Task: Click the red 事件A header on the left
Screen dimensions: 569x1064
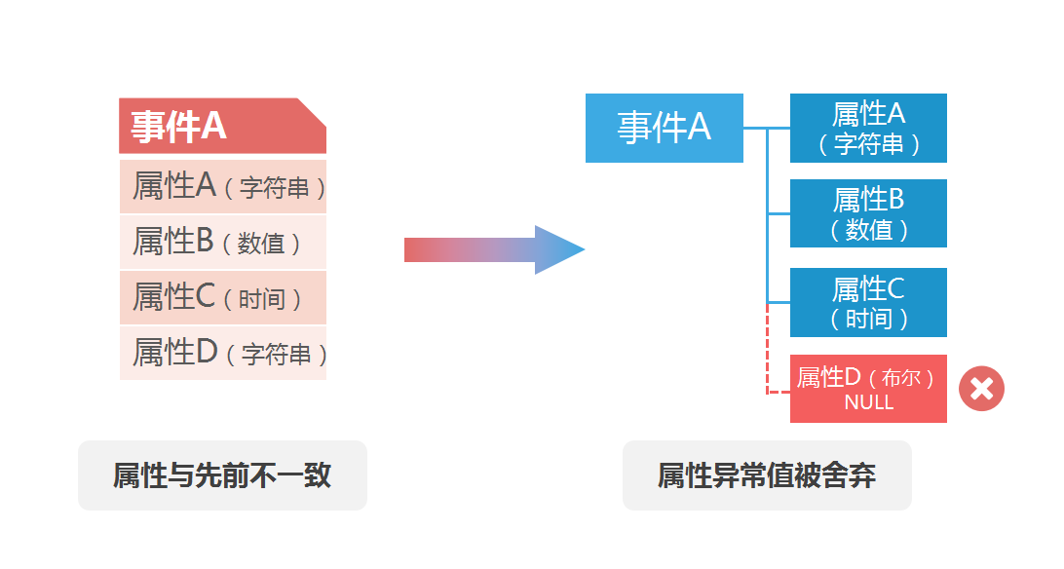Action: coord(222,127)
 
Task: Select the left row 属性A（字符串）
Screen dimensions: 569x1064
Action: coord(222,186)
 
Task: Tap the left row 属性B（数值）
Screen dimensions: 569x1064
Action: coord(222,242)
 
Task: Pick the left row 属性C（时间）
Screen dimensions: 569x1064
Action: coord(222,297)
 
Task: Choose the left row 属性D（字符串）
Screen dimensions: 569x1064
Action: coord(222,353)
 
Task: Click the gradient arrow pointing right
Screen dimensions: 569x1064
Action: coord(493,249)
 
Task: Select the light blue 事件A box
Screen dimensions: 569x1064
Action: coord(664,128)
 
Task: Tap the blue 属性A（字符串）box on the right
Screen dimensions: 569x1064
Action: coord(868,128)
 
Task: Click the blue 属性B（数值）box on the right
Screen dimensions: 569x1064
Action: coord(868,213)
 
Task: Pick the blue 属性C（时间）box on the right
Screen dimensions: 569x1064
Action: coord(868,302)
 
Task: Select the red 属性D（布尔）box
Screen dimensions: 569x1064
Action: coord(868,389)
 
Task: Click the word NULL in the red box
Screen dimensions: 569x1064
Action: coord(868,402)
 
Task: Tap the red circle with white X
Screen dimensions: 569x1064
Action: coord(981,389)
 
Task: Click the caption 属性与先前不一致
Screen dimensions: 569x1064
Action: coord(222,475)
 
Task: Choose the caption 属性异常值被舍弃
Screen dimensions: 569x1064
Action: coord(767,475)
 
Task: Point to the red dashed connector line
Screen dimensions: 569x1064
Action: coord(769,351)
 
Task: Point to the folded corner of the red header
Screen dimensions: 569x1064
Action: coord(313,110)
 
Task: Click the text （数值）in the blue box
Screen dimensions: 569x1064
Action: coord(868,230)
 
